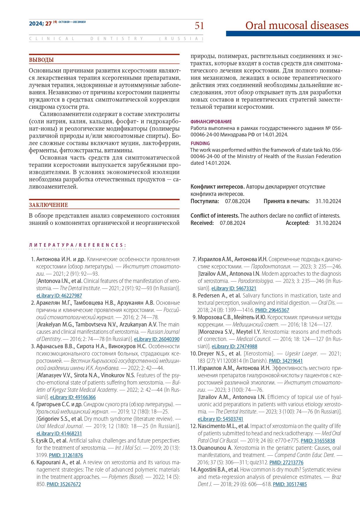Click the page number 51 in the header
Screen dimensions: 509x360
coord(199,26)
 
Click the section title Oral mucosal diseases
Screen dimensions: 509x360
coord(297,26)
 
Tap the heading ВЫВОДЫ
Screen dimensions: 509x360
coord(41,60)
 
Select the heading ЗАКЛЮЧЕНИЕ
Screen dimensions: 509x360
coord(48,205)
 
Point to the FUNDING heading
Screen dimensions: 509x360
coord(200,143)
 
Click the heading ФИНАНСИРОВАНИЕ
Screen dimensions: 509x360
coord(211,122)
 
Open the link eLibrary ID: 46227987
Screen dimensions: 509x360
coord(59,296)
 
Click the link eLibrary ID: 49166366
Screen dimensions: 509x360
coord(73,397)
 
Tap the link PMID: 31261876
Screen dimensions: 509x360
coord(66,455)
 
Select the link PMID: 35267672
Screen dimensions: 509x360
coord(64,484)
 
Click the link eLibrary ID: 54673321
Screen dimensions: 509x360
coord(234,288)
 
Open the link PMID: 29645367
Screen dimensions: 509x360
coord(272,310)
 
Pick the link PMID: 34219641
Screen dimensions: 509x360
coord(286,361)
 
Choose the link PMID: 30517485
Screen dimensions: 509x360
coord(290,484)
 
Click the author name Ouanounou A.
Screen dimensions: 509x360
coord(215,448)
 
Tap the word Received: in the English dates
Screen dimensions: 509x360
coord(202,223)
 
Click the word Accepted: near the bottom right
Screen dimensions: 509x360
coord(298,223)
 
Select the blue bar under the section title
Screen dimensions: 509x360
coord(293,34)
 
